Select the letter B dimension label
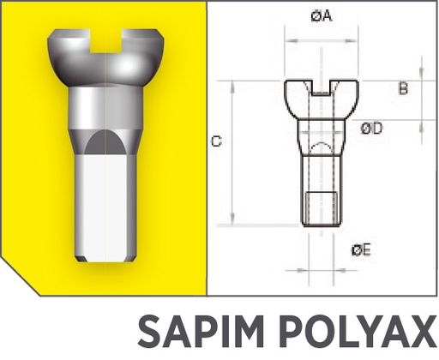403,88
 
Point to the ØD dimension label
371,128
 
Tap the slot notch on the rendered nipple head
105,42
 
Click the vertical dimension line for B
421,94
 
